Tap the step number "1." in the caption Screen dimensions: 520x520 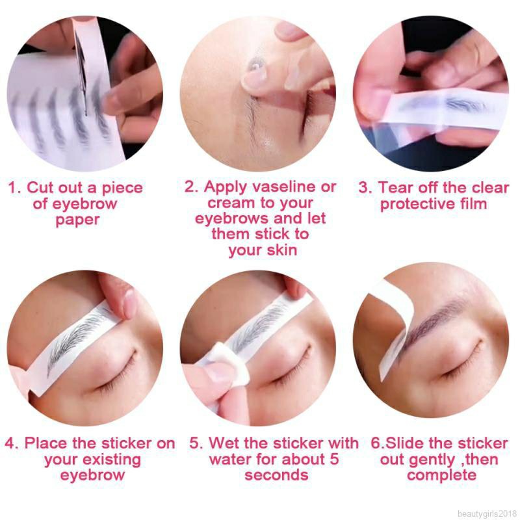[x=14, y=188]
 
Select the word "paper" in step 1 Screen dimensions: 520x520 [x=77, y=220]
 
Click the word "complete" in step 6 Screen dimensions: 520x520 [x=441, y=475]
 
